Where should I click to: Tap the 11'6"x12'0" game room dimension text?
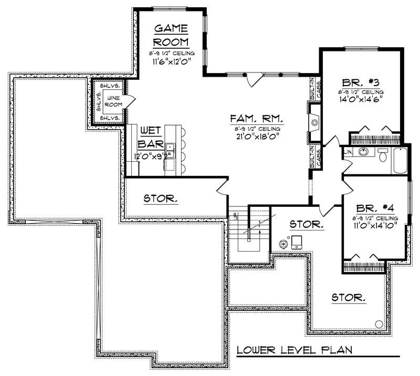(x=171, y=61)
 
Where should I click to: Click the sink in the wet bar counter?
(x=170, y=147)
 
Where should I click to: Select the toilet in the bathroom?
(x=383, y=155)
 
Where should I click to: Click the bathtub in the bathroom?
(x=401, y=161)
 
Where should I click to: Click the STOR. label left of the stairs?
(x=161, y=199)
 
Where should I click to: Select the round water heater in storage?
(x=283, y=243)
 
